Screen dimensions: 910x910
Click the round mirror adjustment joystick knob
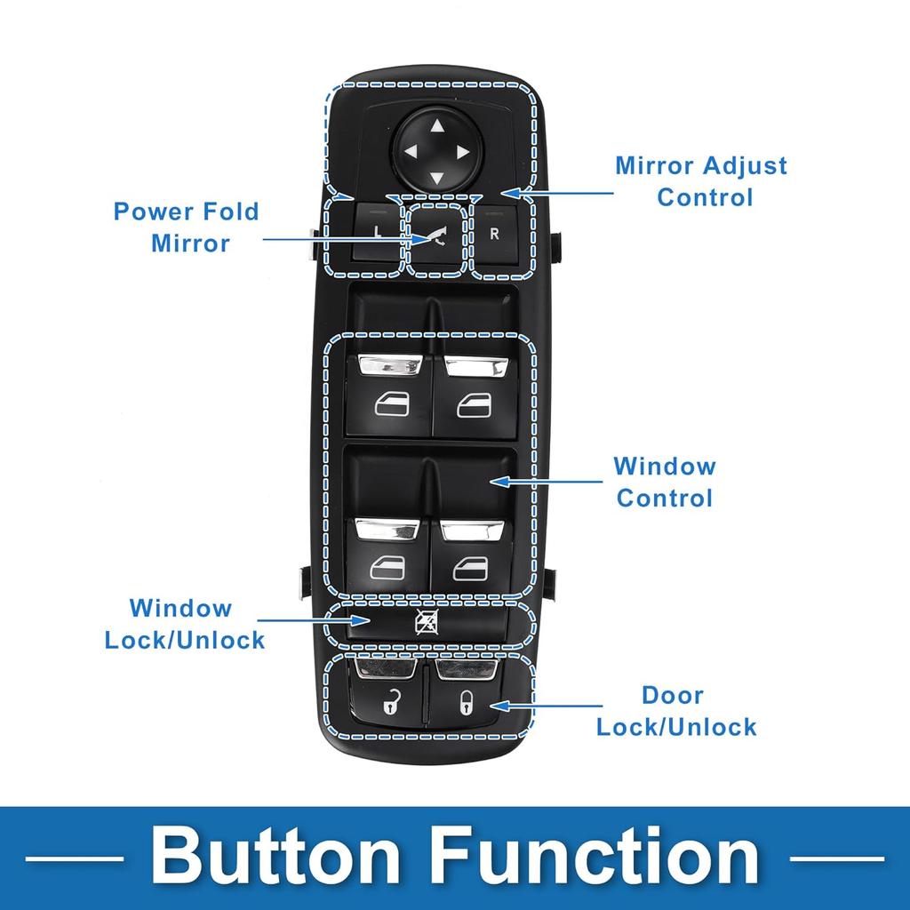[435, 151]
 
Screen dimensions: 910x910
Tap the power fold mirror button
[436, 238]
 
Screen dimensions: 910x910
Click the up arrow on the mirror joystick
[436, 125]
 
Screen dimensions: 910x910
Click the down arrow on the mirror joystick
[435, 179]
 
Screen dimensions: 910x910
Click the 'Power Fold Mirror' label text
[186, 227]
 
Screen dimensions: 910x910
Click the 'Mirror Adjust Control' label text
[701, 180]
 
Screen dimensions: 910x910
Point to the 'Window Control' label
[665, 482]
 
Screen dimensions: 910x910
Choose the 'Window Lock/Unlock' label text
[185, 624]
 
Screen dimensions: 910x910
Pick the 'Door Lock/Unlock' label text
[676, 711]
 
